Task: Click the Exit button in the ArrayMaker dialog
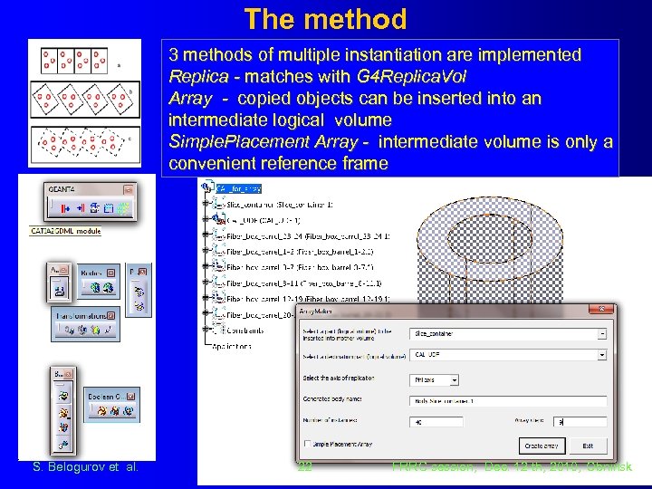pyautogui.click(x=589, y=446)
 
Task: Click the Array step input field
pyautogui.click(x=580, y=422)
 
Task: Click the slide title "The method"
pyautogui.click(x=325, y=18)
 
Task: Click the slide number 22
pyautogui.click(x=304, y=467)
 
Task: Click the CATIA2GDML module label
pyautogui.click(x=66, y=231)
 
